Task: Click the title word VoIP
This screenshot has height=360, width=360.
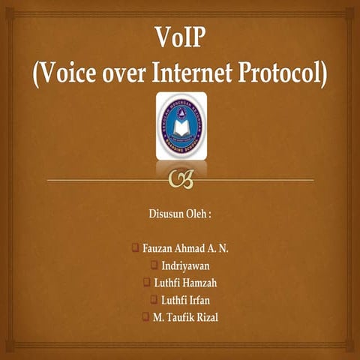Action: [x=180, y=37]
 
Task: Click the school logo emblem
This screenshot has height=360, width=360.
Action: [x=181, y=125]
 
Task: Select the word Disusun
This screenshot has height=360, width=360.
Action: [x=167, y=214]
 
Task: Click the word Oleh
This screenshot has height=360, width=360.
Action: [x=200, y=214]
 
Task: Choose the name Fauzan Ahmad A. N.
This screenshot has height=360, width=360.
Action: [x=186, y=248]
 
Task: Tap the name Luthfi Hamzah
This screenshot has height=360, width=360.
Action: [x=186, y=283]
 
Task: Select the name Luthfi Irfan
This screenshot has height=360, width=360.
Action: [x=187, y=300]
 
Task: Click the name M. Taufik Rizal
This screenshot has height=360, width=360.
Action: [x=186, y=317]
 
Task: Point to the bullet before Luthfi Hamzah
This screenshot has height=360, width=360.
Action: [x=146, y=283]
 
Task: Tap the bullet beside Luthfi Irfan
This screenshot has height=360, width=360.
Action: [x=154, y=300]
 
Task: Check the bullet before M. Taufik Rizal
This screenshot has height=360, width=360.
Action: [x=145, y=317]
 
